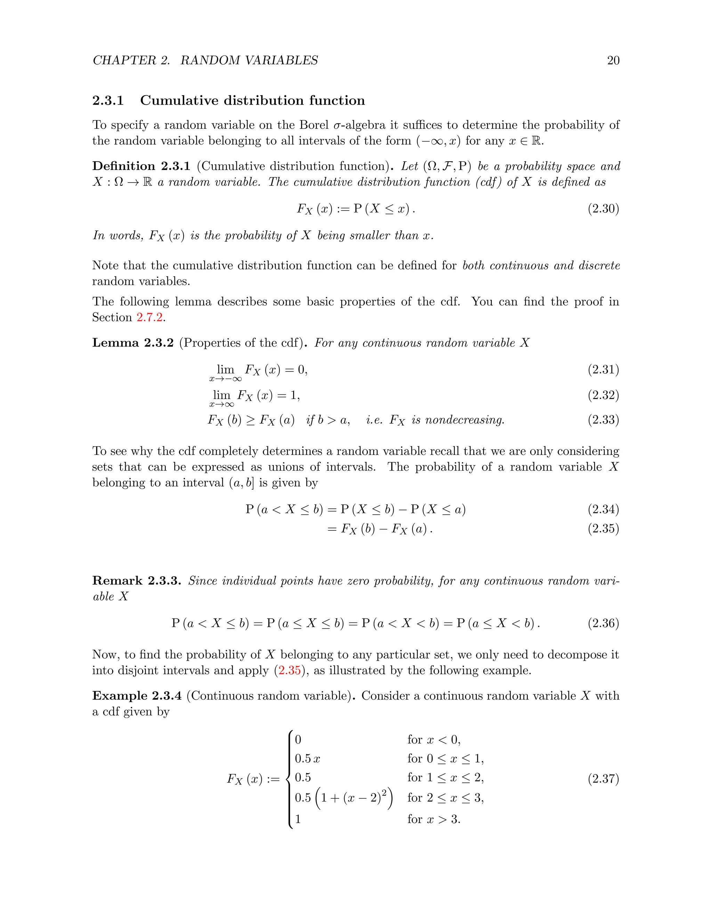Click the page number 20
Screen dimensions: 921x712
point(613,60)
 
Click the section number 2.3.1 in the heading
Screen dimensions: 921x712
point(108,100)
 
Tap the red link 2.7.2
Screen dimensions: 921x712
point(150,317)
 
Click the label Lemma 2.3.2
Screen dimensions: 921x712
point(133,342)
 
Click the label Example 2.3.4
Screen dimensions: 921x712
point(137,695)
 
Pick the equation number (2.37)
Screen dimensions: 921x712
point(603,779)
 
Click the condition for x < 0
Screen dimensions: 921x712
point(434,740)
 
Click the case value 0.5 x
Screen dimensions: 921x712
point(307,759)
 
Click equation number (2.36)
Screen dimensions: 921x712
point(603,623)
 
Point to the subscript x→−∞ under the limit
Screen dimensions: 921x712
point(225,379)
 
